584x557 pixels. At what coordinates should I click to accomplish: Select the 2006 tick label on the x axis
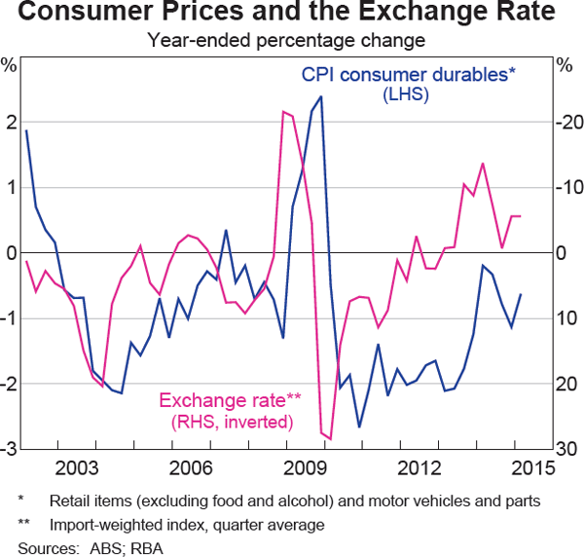pyautogui.click(x=192, y=468)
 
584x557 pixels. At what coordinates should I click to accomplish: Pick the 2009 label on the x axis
pyautogui.click(x=306, y=468)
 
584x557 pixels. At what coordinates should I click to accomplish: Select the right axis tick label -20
pyautogui.click(x=567, y=123)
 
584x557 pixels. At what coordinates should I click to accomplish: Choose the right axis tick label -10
pyautogui.click(x=567, y=188)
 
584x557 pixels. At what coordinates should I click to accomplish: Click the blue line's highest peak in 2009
pyautogui.click(x=321, y=96)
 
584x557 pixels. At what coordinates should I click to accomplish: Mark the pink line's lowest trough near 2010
pyautogui.click(x=330, y=439)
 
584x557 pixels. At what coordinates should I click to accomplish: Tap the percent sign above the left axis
pyautogui.click(x=10, y=65)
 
